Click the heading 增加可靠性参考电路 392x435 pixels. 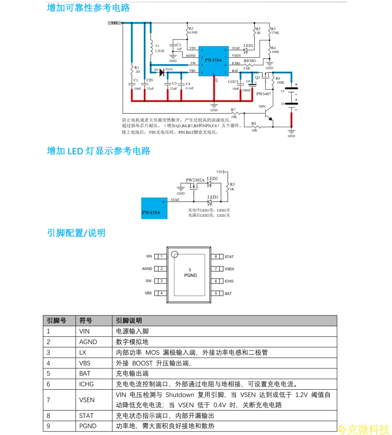tap(88, 8)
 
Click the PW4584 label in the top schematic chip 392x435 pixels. tap(213, 60)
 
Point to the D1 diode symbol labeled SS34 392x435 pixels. tap(162, 72)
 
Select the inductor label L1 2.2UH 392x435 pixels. tap(159, 48)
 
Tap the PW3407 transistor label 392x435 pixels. tap(263, 94)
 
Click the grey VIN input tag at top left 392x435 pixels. tap(114, 23)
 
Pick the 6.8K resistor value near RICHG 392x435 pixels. tap(247, 68)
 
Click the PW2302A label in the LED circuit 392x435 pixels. tap(195, 180)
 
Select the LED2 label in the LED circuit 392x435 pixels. tap(212, 178)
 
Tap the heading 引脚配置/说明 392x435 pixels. tap(76, 233)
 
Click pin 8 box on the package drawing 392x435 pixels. tap(216, 257)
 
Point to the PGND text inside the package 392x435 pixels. tap(190, 275)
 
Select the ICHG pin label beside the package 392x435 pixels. tap(229, 281)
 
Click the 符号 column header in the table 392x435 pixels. tap(86, 321)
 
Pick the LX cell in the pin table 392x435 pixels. tap(83, 352)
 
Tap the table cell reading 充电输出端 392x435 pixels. tap(132, 373)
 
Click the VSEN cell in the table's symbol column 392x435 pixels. tap(87, 400)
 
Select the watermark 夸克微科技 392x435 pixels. tap(363, 429)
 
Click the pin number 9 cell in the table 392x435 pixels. tap(49, 426)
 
